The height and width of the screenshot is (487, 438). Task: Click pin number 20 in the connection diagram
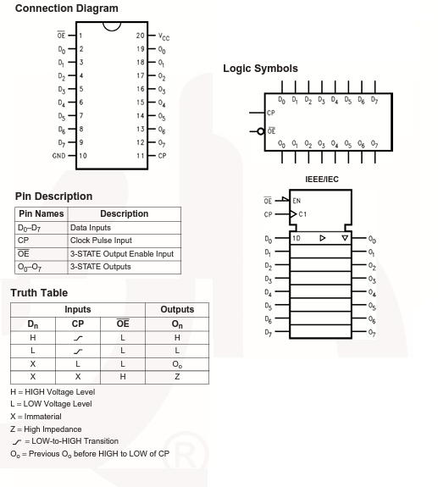[x=141, y=36]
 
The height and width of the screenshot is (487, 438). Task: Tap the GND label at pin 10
[x=59, y=156]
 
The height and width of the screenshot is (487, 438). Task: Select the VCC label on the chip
[x=164, y=37]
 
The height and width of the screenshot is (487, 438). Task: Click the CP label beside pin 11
[x=162, y=156]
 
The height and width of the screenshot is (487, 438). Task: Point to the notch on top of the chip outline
[x=112, y=28]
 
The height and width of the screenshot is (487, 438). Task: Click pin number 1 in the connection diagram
[x=80, y=36]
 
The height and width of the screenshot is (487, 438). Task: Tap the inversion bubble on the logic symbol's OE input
[x=261, y=131]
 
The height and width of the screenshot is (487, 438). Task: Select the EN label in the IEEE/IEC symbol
[x=297, y=201]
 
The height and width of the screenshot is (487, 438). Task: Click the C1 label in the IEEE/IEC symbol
[x=302, y=214]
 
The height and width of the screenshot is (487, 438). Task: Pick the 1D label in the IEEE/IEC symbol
[x=297, y=238]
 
